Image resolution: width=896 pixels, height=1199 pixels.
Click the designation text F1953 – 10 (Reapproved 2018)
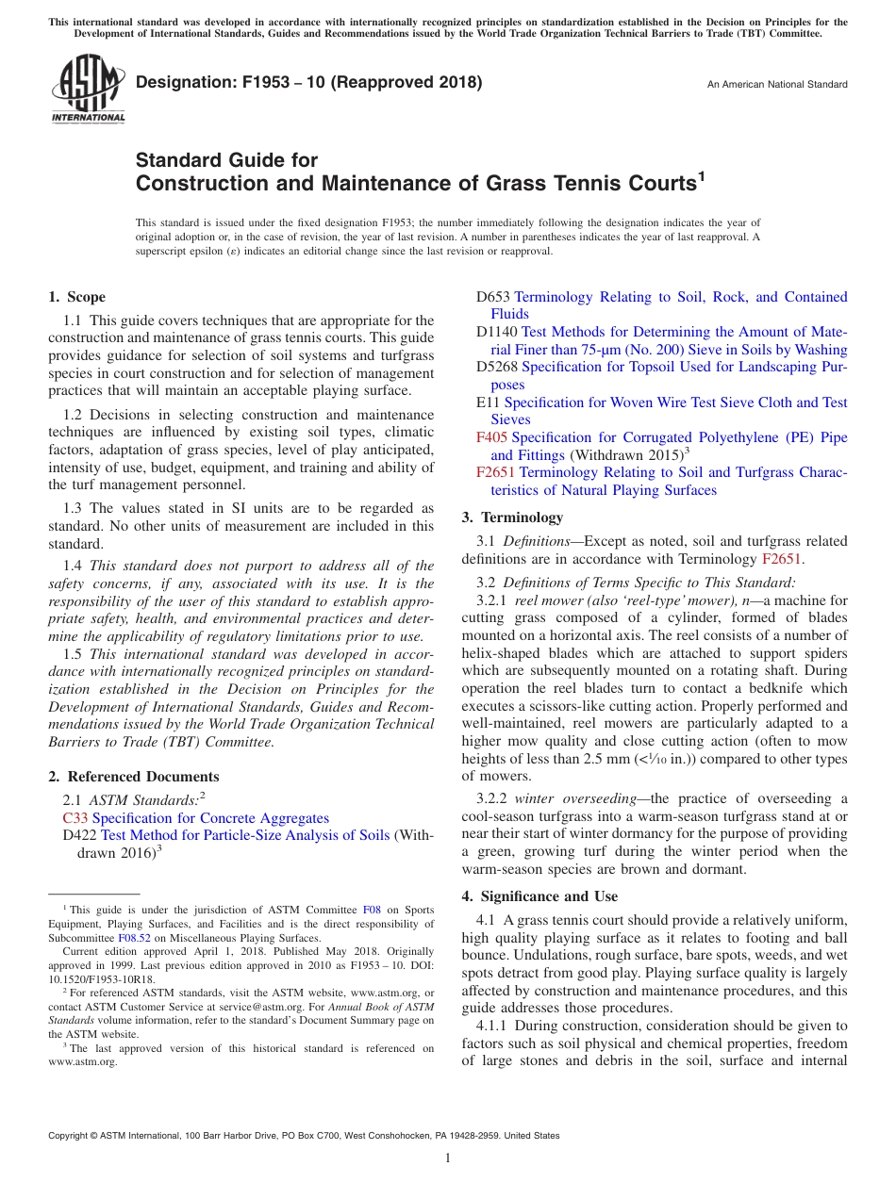[x=309, y=83]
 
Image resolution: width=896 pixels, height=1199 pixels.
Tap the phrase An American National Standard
[x=776, y=85]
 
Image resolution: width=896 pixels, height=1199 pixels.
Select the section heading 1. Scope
[x=77, y=297]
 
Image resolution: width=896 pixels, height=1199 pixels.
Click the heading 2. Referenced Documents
[x=134, y=777]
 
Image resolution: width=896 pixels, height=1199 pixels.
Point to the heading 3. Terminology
[x=512, y=517]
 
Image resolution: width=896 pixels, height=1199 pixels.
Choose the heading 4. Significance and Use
[x=539, y=896]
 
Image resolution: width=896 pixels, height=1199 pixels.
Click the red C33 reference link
[x=75, y=818]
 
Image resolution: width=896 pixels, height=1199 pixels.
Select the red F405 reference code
[x=491, y=437]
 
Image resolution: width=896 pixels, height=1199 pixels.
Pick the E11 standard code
[x=488, y=402]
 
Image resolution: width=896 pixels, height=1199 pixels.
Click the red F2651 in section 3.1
[x=781, y=559]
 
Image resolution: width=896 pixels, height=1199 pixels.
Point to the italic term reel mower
[x=553, y=600]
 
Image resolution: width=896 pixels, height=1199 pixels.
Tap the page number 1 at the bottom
[x=448, y=1158]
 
